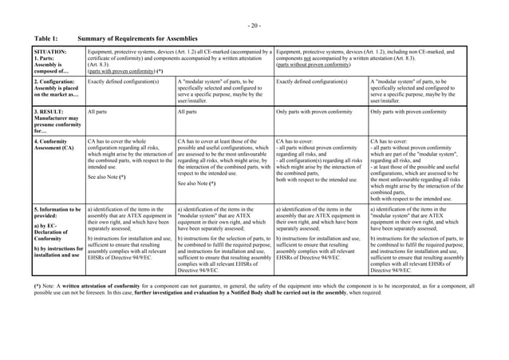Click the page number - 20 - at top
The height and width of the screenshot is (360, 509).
(254, 26)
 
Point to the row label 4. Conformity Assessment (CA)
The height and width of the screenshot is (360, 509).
(54, 147)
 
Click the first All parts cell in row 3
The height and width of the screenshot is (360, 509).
(97, 113)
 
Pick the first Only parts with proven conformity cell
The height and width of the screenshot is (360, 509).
(317, 113)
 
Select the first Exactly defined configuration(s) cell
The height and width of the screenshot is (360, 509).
(120, 81)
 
